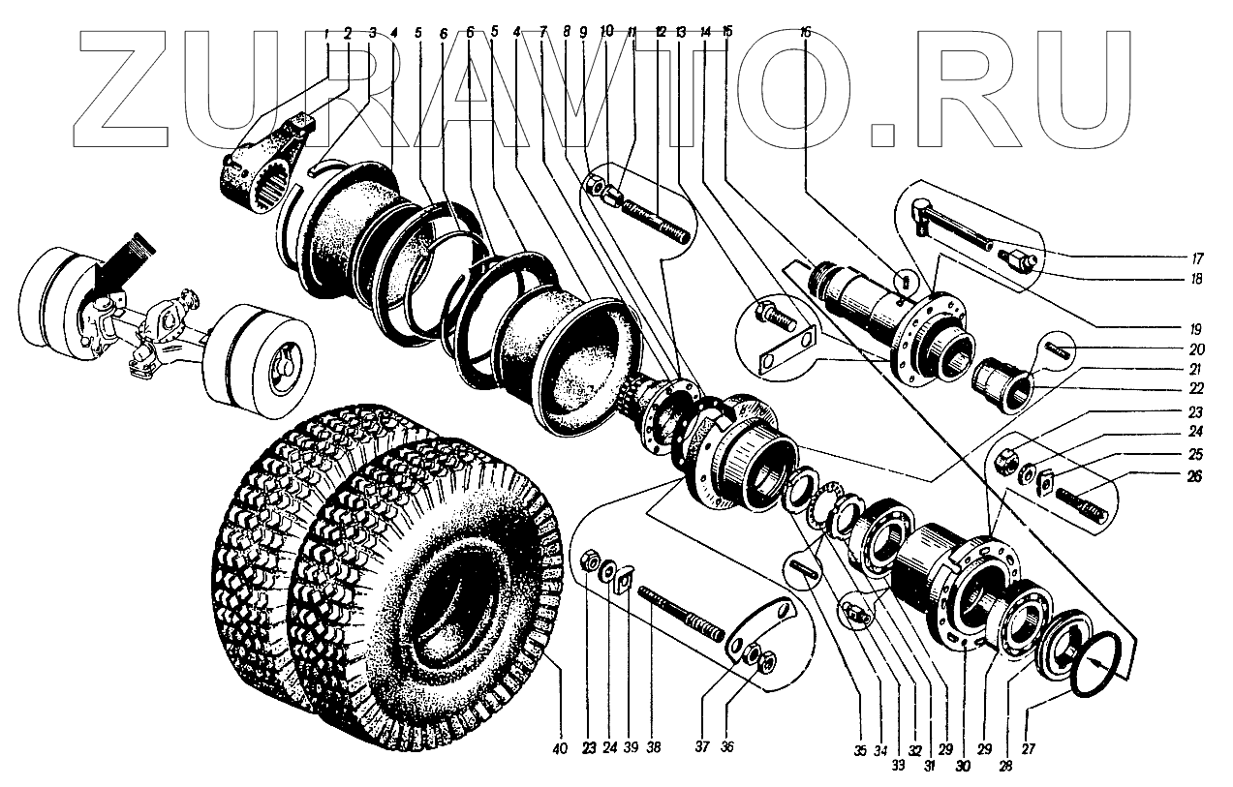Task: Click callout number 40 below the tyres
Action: (558, 747)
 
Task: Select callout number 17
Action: (1197, 259)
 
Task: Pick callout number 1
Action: (326, 32)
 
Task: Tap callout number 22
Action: (1197, 388)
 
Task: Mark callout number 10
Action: (606, 30)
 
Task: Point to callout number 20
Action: (1197, 348)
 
